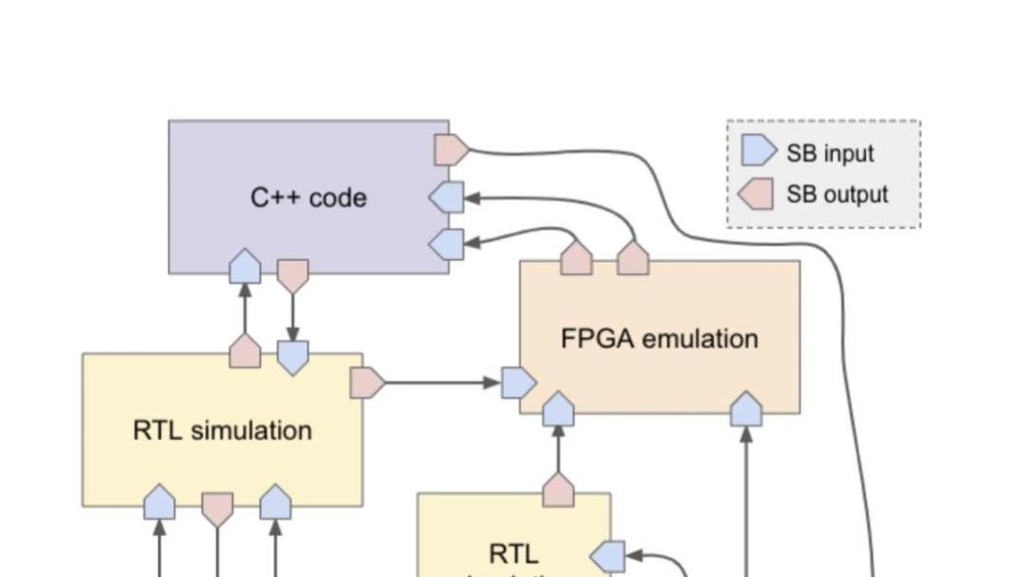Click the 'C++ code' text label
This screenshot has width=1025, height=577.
308,198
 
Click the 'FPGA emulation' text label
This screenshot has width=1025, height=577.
659,339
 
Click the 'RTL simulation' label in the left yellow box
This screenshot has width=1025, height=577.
222,430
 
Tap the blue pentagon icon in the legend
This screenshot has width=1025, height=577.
759,152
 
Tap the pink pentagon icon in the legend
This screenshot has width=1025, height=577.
756,194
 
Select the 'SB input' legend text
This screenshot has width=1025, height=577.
829,153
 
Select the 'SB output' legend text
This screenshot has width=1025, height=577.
837,195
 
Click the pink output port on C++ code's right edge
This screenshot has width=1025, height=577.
451,149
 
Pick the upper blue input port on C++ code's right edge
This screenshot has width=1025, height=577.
447,197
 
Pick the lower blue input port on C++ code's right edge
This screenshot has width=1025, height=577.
447,244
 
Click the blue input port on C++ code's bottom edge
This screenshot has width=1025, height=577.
246,266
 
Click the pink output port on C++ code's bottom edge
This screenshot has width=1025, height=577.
292,275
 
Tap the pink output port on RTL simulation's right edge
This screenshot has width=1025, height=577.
366,383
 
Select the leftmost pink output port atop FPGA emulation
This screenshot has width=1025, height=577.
576,258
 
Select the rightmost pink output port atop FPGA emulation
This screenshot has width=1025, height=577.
633,258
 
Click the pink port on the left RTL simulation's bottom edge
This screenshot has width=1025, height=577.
217,508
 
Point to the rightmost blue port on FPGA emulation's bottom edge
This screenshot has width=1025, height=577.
746,409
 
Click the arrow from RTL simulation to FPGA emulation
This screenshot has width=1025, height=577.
443,383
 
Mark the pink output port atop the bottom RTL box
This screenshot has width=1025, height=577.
558,491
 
